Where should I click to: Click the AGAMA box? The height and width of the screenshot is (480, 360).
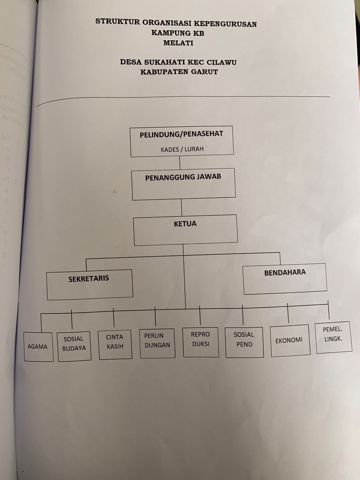(x=38, y=346)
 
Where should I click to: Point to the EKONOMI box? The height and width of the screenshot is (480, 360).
(x=289, y=340)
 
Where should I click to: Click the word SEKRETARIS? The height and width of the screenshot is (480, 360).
(x=89, y=278)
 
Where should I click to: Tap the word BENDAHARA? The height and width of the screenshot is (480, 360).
(x=285, y=272)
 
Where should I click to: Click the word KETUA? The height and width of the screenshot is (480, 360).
(x=185, y=223)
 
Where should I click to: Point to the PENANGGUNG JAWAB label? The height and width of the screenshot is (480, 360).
(x=183, y=177)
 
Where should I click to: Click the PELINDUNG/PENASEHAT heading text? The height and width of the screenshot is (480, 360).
(x=181, y=134)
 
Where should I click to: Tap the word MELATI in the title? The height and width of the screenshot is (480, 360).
(x=178, y=43)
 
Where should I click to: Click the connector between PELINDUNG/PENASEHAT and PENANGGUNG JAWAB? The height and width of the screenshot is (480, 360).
(x=180, y=163)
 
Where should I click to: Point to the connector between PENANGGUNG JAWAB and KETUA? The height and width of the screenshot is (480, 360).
(x=182, y=208)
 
